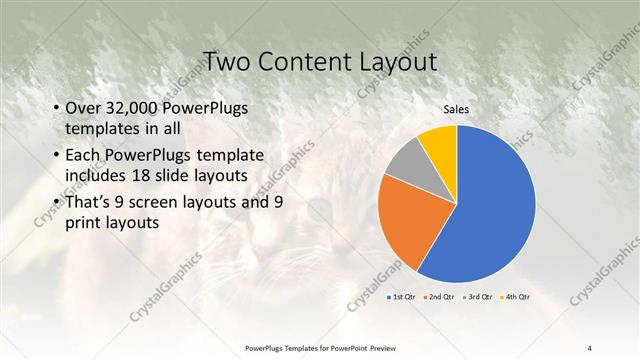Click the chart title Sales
pos(456,110)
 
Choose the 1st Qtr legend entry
pos(402,297)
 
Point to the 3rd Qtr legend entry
pos(476,297)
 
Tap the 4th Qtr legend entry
pos(514,297)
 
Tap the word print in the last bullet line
pos(85,223)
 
